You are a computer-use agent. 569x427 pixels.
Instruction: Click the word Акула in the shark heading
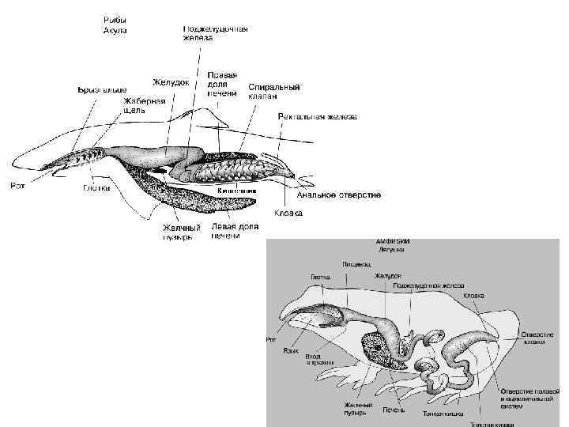tap(115, 30)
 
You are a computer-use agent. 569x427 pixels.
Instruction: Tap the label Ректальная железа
tap(317, 116)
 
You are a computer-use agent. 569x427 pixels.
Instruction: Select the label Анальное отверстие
tap(339, 195)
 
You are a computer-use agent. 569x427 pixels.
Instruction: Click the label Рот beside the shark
tap(17, 186)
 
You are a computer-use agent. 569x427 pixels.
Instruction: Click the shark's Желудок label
tap(171, 81)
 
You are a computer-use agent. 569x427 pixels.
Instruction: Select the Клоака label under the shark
tap(288, 213)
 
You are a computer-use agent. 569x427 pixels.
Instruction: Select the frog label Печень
tap(393, 410)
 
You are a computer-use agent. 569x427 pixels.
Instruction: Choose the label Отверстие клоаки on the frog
tap(537, 338)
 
